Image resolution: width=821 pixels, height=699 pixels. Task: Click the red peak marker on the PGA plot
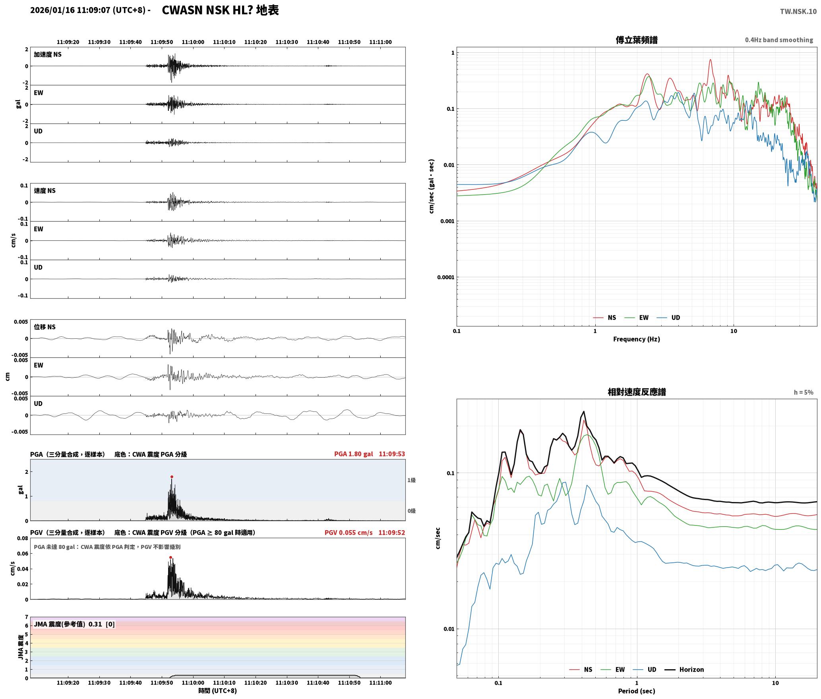pyautogui.click(x=172, y=477)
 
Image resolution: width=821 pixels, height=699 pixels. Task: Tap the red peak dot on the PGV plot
pyautogui.click(x=170, y=557)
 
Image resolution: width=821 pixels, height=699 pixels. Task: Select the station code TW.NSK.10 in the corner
pyautogui.click(x=798, y=12)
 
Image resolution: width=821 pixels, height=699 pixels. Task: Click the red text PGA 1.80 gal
pyautogui.click(x=353, y=454)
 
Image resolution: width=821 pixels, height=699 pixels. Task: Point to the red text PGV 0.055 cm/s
pyautogui.click(x=349, y=533)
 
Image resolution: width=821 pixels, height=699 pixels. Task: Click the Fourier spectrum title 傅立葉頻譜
pyautogui.click(x=637, y=40)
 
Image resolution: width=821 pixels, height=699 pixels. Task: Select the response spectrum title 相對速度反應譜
pyautogui.click(x=637, y=392)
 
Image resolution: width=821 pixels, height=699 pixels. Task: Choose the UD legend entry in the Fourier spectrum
pyautogui.click(x=668, y=318)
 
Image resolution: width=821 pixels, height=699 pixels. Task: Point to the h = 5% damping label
pyautogui.click(x=804, y=392)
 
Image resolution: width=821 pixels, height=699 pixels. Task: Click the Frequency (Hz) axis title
pyautogui.click(x=637, y=339)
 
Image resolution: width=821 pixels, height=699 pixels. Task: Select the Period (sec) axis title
pyautogui.click(x=637, y=691)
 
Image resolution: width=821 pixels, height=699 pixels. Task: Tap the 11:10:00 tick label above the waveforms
pyautogui.click(x=193, y=42)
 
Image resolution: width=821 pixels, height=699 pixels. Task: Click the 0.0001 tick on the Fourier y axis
pyautogui.click(x=445, y=277)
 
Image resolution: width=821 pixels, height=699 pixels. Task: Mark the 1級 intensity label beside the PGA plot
pyautogui.click(x=411, y=480)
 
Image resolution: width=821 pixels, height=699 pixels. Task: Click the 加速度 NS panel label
pyautogui.click(x=48, y=54)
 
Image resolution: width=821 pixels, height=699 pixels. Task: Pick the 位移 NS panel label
pyautogui.click(x=45, y=327)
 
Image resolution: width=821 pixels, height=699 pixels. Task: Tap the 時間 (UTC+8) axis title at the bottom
pyautogui.click(x=218, y=691)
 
